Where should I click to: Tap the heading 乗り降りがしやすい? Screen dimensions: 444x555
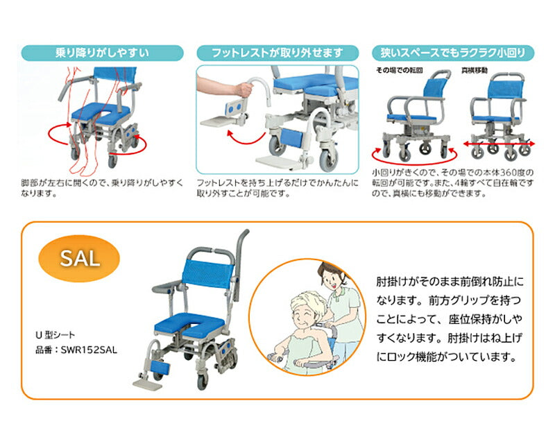click(103, 52)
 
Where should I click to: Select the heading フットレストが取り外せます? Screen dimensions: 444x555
click(277, 52)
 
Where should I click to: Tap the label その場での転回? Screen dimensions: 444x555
click(399, 71)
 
